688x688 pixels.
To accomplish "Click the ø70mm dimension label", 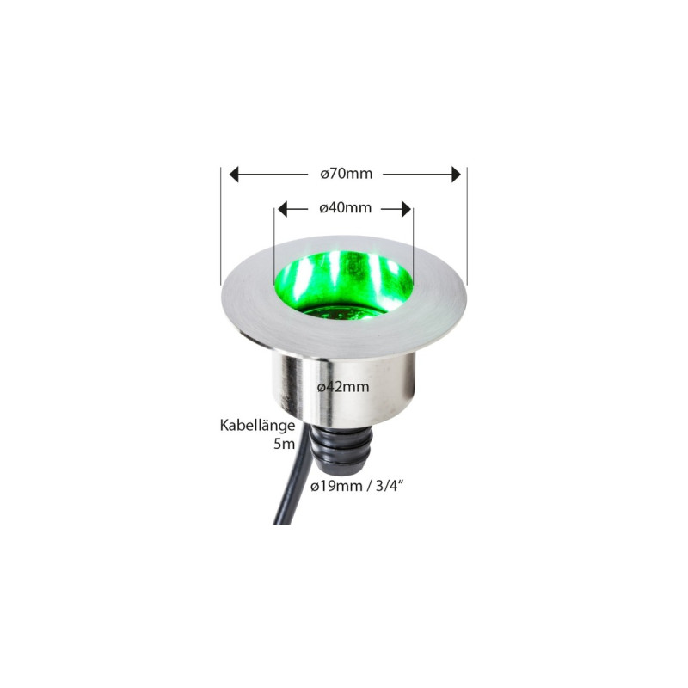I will [x=346, y=174].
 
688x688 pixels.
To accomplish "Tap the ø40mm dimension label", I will [x=345, y=208].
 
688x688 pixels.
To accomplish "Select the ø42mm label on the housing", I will [x=343, y=386].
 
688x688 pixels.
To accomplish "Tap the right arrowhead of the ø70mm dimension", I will [x=456, y=174].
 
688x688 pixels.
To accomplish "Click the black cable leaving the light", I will [x=288, y=499].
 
